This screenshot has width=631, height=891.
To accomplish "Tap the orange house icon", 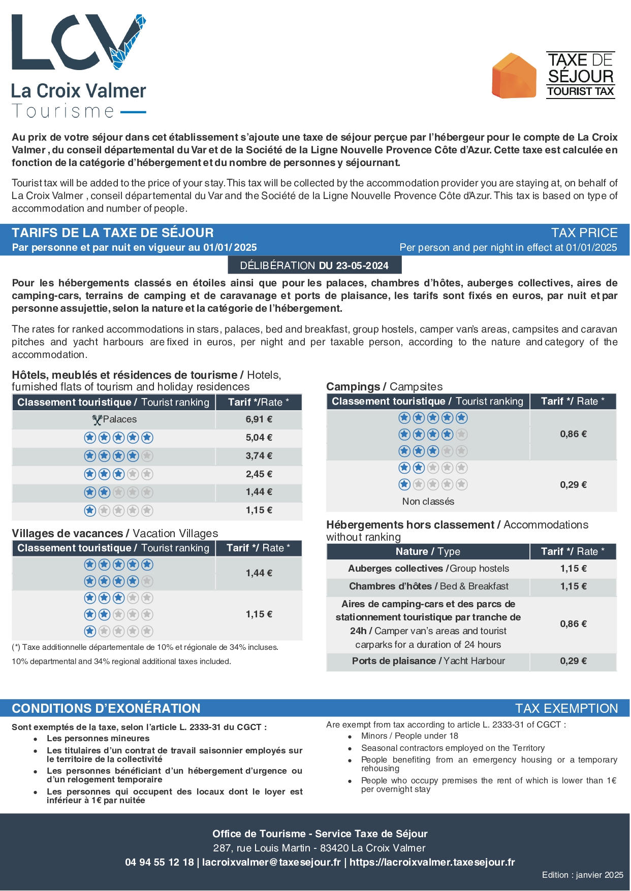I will [514, 76].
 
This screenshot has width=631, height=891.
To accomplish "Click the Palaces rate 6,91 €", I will [259, 419].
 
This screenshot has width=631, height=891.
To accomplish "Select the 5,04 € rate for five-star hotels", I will [259, 438].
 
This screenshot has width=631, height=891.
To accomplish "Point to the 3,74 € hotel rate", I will [259, 456].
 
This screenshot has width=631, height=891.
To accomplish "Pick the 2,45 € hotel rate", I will [259, 474].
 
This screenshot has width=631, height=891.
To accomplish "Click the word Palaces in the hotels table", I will [119, 419].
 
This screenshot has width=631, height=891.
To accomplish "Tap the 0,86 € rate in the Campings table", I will [573, 434].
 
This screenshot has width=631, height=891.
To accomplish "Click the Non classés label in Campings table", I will [428, 502].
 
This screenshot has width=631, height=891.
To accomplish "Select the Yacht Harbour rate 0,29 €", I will [573, 661].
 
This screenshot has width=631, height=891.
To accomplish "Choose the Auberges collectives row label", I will [428, 569].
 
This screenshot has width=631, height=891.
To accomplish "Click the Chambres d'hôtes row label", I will [428, 586].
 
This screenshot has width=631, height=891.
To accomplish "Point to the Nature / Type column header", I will [428, 551].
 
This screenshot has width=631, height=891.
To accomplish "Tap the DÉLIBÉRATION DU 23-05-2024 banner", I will [314, 266].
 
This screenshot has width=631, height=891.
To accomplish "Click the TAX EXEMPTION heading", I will [566, 708].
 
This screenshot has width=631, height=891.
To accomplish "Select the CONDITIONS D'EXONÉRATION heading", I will [106, 708].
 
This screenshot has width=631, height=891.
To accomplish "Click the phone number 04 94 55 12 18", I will [159, 862].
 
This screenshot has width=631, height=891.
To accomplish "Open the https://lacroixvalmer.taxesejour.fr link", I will [432, 862].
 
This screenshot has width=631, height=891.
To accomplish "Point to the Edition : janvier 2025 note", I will [582, 875].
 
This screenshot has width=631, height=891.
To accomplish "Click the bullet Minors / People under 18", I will [409, 736].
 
